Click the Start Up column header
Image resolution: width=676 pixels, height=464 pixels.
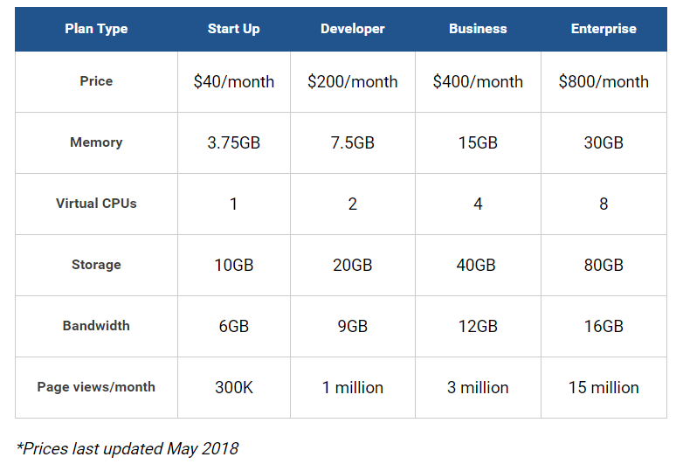point(234,29)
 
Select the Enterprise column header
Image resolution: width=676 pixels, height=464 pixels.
point(604,29)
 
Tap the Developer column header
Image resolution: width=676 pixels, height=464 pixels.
point(352,29)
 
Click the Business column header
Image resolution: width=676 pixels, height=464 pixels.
point(478,29)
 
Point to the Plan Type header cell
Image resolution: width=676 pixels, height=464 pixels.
point(96,29)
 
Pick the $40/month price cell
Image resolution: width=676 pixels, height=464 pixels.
point(234,81)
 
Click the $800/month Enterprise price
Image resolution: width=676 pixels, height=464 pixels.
point(604,81)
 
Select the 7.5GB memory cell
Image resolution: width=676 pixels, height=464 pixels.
point(352,142)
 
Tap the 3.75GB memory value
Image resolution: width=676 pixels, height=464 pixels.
point(234,142)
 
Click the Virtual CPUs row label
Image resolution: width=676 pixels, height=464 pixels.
point(96,204)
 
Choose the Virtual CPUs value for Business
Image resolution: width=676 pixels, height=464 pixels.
point(478,204)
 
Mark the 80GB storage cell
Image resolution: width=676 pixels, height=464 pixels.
point(604,265)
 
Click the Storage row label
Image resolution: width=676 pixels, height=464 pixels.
point(96,265)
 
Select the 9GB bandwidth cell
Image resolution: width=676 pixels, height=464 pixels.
point(352,327)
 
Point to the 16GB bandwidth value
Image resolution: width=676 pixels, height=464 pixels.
point(604,327)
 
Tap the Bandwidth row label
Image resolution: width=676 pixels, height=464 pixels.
point(96,326)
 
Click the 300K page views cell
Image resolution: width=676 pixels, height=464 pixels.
point(234,387)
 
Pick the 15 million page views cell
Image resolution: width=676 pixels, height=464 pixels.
point(604,387)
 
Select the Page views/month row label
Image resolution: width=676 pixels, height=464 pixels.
point(96,387)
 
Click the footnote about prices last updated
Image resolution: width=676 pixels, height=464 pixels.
point(128,448)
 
